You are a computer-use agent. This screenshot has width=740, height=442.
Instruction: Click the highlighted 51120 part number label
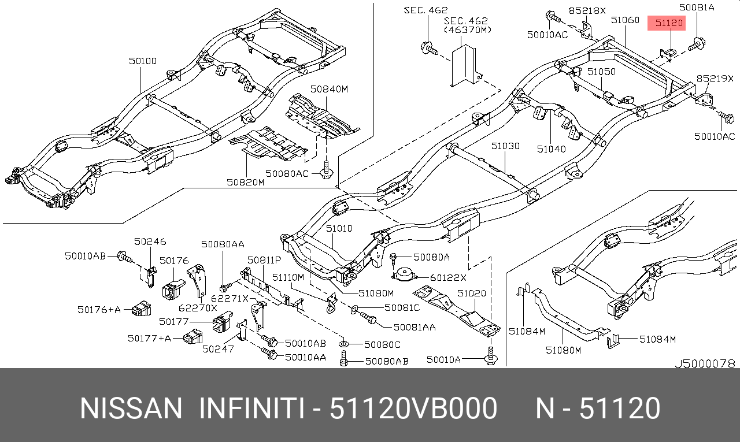pos(667,23)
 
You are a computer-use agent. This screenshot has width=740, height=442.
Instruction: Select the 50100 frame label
pos(143,61)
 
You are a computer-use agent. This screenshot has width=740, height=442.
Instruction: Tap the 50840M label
pos(329,89)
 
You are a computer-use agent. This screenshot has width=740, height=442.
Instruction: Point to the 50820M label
pos(246,182)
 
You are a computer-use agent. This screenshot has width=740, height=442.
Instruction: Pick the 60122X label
pos(448,278)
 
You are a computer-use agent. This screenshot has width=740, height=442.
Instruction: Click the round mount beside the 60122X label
pos(404,274)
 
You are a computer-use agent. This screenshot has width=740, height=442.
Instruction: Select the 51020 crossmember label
pos(472,293)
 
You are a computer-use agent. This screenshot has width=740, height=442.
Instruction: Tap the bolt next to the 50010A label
pos(491,356)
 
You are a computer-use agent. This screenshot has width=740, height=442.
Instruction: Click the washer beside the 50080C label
pos(344,344)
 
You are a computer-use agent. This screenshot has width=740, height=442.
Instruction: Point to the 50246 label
pos(150,242)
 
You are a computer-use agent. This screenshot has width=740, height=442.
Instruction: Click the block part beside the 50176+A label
pos(142,309)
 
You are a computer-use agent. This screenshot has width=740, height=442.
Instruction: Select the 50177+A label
pos(149,339)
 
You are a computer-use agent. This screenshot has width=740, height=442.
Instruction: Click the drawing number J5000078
pos(705,363)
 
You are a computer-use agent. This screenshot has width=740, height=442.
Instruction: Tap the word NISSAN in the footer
pos(131,408)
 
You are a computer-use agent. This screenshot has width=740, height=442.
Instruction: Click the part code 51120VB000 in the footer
pos(413,408)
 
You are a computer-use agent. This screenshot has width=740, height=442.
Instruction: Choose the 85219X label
pos(715,79)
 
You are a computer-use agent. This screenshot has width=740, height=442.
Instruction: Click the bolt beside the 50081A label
pos(697,44)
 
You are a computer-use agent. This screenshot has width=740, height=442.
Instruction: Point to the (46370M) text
pos(468,30)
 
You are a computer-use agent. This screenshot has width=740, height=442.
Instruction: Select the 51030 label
pos(505,146)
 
